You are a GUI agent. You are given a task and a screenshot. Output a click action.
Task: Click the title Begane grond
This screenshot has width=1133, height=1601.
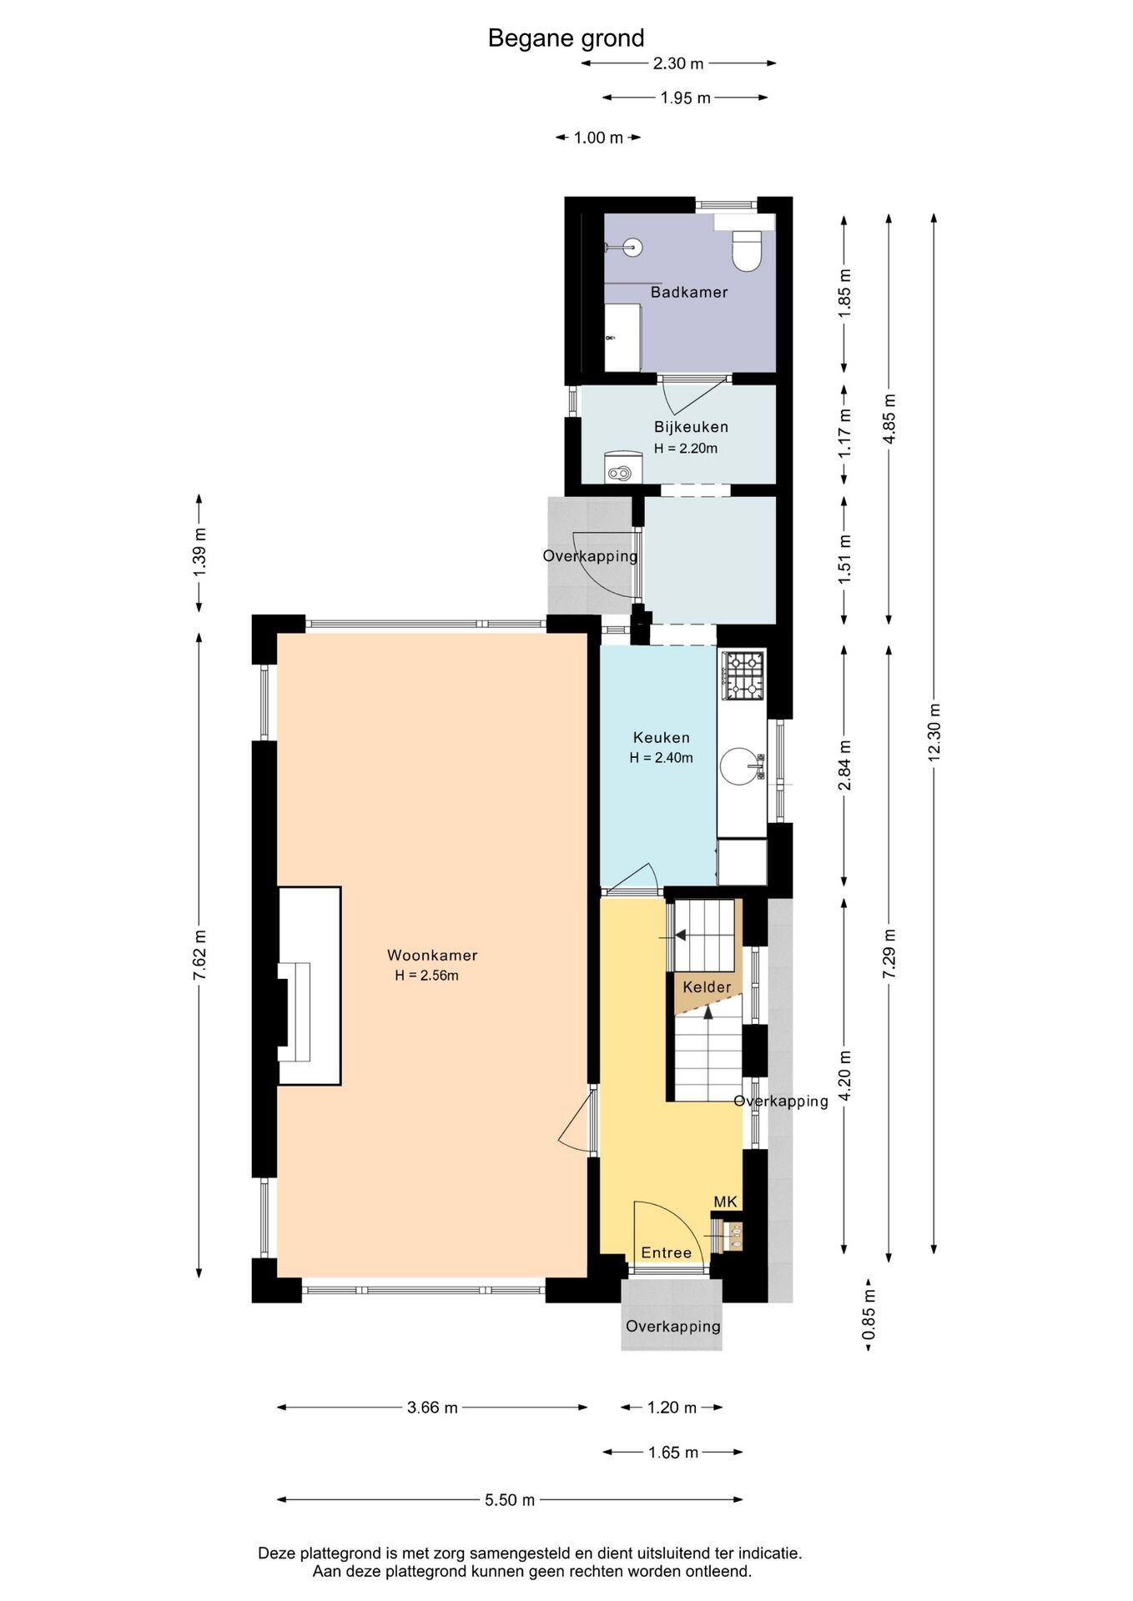[566, 38]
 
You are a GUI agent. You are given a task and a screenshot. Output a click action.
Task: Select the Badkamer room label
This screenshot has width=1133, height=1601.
[689, 292]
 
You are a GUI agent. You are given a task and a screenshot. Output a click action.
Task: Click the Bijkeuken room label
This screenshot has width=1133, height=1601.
[691, 427]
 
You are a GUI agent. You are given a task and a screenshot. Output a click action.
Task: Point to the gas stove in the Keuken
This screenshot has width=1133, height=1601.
[743, 675]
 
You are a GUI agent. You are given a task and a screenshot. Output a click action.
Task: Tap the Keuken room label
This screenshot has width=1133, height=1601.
[662, 737]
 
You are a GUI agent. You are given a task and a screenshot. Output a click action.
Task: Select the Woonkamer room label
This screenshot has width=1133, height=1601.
[432, 956]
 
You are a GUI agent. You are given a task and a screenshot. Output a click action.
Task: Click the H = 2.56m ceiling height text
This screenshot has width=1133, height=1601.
[427, 976]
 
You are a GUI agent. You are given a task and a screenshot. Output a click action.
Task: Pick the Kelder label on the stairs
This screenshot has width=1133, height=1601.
[707, 987]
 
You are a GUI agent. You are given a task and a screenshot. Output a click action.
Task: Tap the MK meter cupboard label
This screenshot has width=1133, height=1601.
[725, 1202]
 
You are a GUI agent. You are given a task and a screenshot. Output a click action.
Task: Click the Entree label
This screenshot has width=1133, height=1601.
[666, 1252]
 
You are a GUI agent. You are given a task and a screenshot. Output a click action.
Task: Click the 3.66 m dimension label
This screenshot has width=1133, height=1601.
[432, 1408]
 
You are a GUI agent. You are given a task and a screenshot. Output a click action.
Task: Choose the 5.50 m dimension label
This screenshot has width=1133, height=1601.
[510, 1500]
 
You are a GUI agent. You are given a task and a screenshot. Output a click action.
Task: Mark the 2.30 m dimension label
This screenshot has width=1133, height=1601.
[678, 63]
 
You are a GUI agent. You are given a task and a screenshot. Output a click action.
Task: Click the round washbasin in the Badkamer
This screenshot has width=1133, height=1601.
[632, 247]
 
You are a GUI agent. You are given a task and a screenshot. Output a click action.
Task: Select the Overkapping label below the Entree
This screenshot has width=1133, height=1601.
[673, 1327]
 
